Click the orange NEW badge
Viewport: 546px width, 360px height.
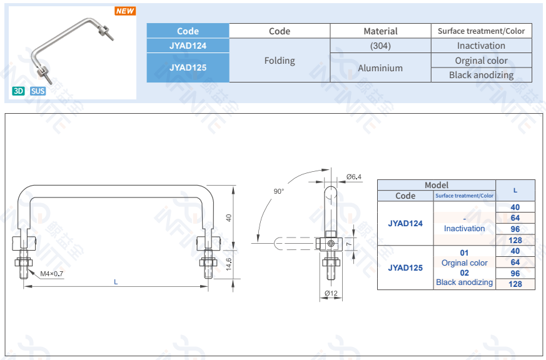point(125,11)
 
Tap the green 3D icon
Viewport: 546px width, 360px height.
point(19,91)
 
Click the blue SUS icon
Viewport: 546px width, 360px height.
point(38,91)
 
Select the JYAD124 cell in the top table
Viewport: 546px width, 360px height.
point(188,46)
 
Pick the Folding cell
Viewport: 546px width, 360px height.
point(280,61)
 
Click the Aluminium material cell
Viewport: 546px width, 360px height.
point(380,67)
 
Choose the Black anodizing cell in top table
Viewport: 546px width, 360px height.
point(481,75)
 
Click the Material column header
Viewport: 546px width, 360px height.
point(380,31)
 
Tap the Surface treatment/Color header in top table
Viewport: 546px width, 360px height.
point(481,31)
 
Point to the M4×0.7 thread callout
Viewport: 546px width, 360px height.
point(52,274)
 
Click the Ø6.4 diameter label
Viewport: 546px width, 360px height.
point(354,177)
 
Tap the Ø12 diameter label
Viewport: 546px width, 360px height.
point(331,293)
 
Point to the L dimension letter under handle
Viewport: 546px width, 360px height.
point(116,282)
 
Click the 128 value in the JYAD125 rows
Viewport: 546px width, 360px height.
point(515,284)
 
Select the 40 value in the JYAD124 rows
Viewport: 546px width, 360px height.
point(515,207)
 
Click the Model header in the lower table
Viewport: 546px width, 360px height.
point(437,185)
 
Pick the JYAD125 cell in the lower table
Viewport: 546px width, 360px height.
point(405,267)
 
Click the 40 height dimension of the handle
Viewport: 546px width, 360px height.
point(229,217)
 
